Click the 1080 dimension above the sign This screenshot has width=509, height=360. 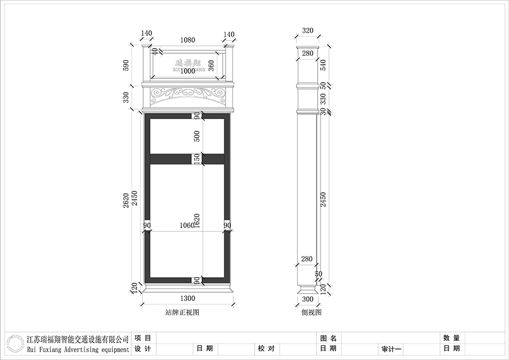click(x=187, y=40)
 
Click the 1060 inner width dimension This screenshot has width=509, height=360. click(x=187, y=225)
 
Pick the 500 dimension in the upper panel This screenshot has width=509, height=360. click(x=196, y=136)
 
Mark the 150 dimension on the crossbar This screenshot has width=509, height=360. click(x=196, y=159)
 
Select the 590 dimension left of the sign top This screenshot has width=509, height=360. click(x=126, y=65)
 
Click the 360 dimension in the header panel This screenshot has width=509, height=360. click(x=211, y=65)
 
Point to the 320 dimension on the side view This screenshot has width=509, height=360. click(x=308, y=31)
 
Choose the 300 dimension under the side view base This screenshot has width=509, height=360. click(x=307, y=300)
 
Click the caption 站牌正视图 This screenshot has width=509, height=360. click(x=182, y=313)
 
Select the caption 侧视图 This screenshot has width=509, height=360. click(x=312, y=313)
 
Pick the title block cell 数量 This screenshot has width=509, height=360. click(x=451, y=338)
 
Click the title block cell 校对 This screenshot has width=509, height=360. click(x=266, y=348)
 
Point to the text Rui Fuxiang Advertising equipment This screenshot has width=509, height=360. click(x=78, y=349)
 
